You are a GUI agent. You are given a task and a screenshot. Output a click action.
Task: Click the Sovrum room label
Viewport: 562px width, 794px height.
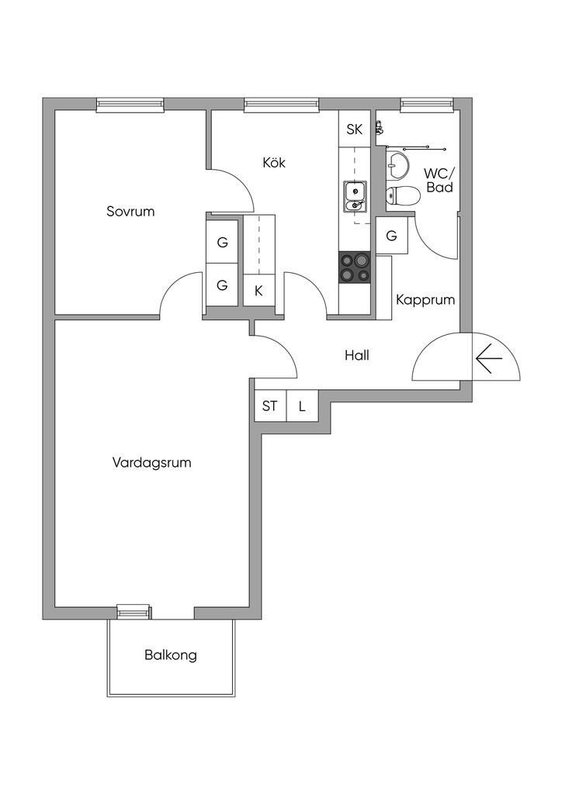(130, 211)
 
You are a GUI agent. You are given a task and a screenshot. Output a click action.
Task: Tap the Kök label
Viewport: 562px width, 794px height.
(274, 163)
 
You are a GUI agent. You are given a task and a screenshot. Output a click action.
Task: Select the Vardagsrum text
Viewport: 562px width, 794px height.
(151, 463)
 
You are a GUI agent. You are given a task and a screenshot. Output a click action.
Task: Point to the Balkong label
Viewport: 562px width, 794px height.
(171, 654)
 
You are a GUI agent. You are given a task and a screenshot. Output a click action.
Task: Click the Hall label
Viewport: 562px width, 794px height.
(357, 356)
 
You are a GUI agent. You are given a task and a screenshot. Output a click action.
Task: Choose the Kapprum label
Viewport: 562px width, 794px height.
(425, 300)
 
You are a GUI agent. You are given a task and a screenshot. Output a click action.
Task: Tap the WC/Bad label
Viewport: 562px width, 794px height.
(439, 181)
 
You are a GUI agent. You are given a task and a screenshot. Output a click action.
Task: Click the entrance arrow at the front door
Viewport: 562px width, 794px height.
(489, 358)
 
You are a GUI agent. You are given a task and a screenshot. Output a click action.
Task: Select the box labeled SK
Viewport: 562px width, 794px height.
(355, 129)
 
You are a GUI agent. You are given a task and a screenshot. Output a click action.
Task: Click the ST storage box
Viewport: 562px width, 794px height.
(270, 406)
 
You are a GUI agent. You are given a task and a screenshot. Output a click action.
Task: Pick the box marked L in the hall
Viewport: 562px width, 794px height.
(302, 406)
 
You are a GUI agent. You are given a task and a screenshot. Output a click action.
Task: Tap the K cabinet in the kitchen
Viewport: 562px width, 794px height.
(258, 292)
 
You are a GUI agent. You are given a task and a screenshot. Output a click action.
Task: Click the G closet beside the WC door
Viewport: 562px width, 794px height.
(391, 236)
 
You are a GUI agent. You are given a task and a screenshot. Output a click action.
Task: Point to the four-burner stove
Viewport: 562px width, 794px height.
(355, 268)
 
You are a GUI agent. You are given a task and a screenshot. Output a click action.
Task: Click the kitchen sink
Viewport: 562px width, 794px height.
(355, 195)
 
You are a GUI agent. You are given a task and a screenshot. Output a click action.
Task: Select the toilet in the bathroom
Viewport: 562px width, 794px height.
(402, 195)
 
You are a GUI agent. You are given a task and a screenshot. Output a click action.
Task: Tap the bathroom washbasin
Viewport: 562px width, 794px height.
(398, 164)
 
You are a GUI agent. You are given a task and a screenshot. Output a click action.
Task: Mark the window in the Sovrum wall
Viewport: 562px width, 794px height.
(130, 105)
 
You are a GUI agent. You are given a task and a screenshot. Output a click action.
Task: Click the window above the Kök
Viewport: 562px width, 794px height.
(281, 105)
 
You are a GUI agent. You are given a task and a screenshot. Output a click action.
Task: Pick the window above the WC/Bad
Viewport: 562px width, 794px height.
(426, 105)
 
